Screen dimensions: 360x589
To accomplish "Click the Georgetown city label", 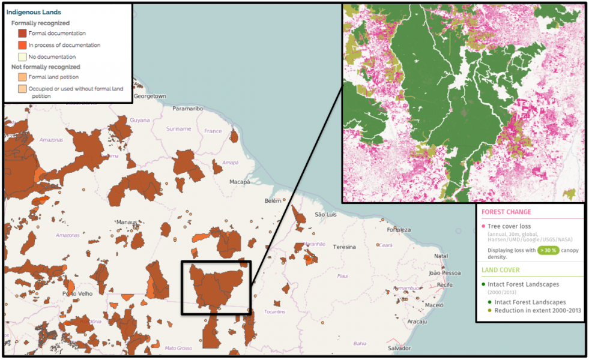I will pos(150,96).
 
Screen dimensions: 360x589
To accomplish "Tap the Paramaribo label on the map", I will pos(187,109).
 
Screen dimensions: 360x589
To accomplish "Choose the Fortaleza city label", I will pos(399,230).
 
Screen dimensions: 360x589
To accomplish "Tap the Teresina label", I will pos(345,247).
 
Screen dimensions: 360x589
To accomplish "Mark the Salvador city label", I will pos(399,348).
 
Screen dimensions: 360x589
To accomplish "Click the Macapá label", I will pos(240,181).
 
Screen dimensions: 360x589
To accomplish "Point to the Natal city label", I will pos(441,256).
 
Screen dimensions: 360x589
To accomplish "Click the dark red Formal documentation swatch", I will pos(22,34).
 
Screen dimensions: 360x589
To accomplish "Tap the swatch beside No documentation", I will pos(22,56).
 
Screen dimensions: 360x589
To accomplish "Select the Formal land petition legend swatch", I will pos(22,77).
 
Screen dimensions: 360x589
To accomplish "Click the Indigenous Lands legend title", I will pos(34,12).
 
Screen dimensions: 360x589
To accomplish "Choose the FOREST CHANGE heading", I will pos(506,211).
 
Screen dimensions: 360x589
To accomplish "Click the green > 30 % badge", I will pos(549,250).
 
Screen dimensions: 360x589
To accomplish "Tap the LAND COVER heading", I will pos(501,270).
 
